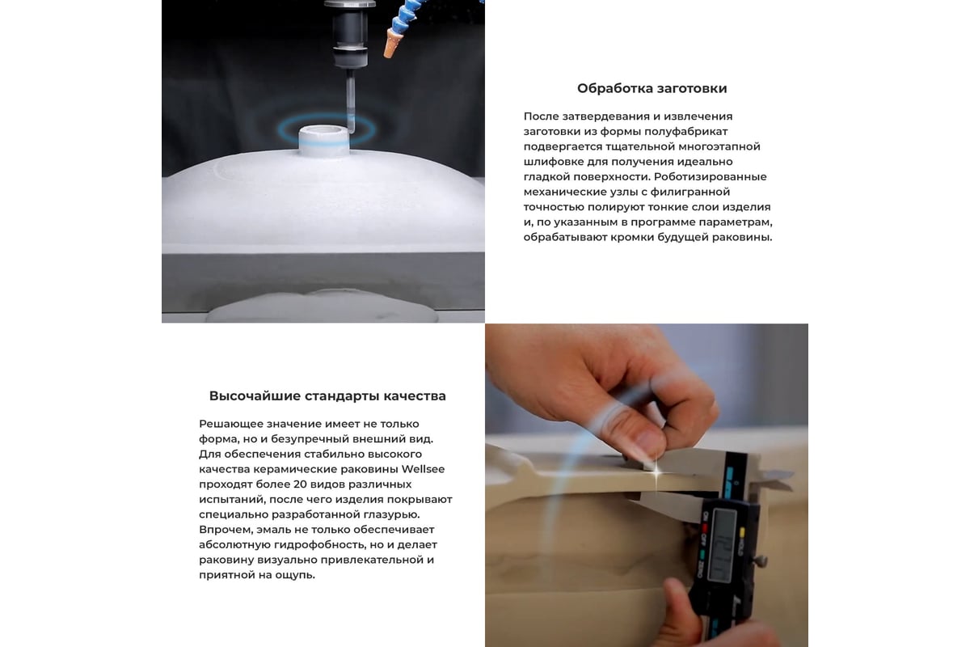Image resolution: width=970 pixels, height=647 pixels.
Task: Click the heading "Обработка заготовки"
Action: pyautogui.click(x=652, y=88)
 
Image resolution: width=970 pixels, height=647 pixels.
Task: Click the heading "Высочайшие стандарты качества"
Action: pyautogui.click(x=327, y=396)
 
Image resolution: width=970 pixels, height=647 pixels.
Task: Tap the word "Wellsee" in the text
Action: pyautogui.click(x=423, y=469)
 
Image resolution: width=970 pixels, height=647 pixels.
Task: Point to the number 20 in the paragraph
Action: pyautogui.click(x=299, y=484)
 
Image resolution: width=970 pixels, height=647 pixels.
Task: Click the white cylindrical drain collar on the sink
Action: pyautogui.click(x=323, y=141)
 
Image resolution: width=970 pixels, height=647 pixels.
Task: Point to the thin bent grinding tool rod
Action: pyautogui.click(x=351, y=102)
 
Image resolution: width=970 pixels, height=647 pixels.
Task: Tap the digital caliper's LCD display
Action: pyautogui.click(x=721, y=546)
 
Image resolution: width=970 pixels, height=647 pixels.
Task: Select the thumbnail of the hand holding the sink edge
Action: pyautogui.click(x=647, y=485)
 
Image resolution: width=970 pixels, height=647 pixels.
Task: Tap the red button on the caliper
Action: pyautogui.click(x=705, y=529)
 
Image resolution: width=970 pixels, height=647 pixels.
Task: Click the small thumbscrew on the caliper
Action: pyautogui.click(x=761, y=561)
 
